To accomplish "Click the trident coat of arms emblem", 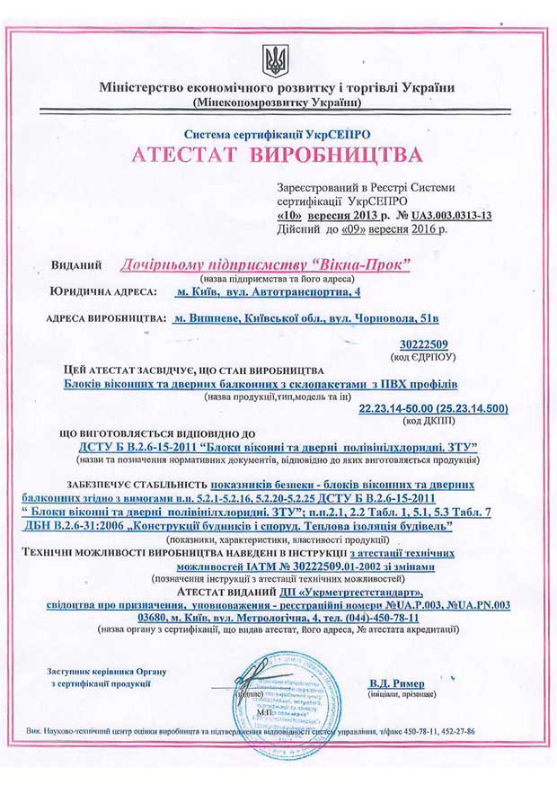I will coord(274,60).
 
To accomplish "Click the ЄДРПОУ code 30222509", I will coord(429,343).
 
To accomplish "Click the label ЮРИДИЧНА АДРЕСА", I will coord(102,292).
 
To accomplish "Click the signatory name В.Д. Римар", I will coord(397,683).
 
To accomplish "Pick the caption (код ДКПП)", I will coord(429,420).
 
